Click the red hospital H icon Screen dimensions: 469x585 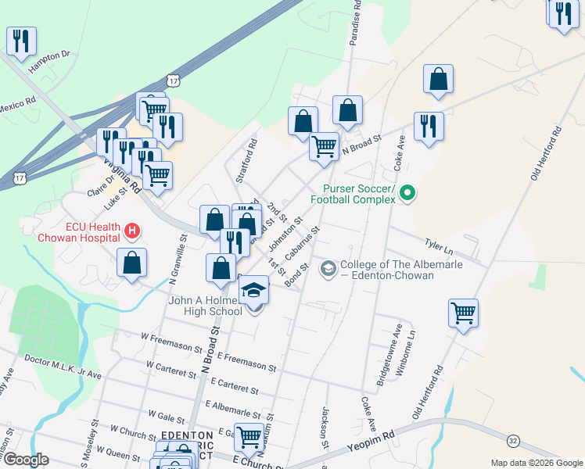point(132,232)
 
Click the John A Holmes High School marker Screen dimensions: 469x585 point(253,292)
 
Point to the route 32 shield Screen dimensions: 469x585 point(513,441)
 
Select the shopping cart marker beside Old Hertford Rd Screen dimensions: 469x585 point(463,313)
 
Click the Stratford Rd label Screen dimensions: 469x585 point(253,156)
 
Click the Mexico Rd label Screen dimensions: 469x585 point(17,104)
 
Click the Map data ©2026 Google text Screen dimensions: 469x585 point(536,463)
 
